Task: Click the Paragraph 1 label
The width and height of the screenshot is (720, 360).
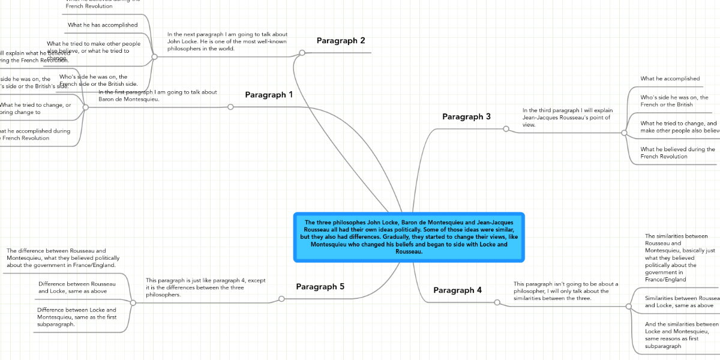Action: (x=269, y=95)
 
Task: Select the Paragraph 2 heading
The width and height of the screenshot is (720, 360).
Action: (x=340, y=41)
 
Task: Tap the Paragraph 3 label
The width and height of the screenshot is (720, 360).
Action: (x=466, y=116)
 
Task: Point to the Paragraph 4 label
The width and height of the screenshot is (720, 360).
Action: (x=457, y=290)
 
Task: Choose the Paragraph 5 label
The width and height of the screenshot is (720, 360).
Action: (x=320, y=287)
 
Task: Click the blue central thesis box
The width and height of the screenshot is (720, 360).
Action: (x=409, y=237)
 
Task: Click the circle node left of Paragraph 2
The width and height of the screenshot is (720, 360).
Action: (x=302, y=53)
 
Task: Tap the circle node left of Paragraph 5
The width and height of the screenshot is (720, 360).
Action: (x=281, y=299)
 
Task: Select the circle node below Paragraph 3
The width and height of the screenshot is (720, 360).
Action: (x=506, y=128)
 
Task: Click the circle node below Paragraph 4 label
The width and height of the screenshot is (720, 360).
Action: (x=497, y=302)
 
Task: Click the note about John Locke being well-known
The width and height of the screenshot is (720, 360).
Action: (x=227, y=41)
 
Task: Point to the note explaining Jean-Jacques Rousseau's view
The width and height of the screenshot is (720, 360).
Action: (x=566, y=118)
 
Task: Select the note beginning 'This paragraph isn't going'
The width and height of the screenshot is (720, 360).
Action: (x=565, y=291)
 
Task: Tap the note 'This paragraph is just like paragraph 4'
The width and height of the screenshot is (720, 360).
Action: (x=205, y=287)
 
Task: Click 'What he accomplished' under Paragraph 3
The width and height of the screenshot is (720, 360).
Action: (x=670, y=79)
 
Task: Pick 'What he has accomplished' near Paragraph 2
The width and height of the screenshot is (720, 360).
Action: (x=103, y=25)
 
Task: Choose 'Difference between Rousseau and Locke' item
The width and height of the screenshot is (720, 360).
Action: (x=77, y=287)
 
